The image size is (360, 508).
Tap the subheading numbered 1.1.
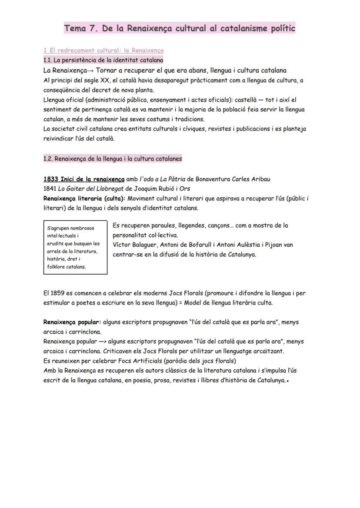[x=103, y=60]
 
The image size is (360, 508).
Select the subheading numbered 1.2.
[x=113, y=159]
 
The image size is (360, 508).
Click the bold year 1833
[x=51, y=179]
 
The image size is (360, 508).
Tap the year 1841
[x=50, y=189]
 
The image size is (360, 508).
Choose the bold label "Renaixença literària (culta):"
[x=84, y=199]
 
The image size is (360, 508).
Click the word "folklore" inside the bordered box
[x=57, y=267]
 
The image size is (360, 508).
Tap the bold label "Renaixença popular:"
[x=72, y=322]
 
